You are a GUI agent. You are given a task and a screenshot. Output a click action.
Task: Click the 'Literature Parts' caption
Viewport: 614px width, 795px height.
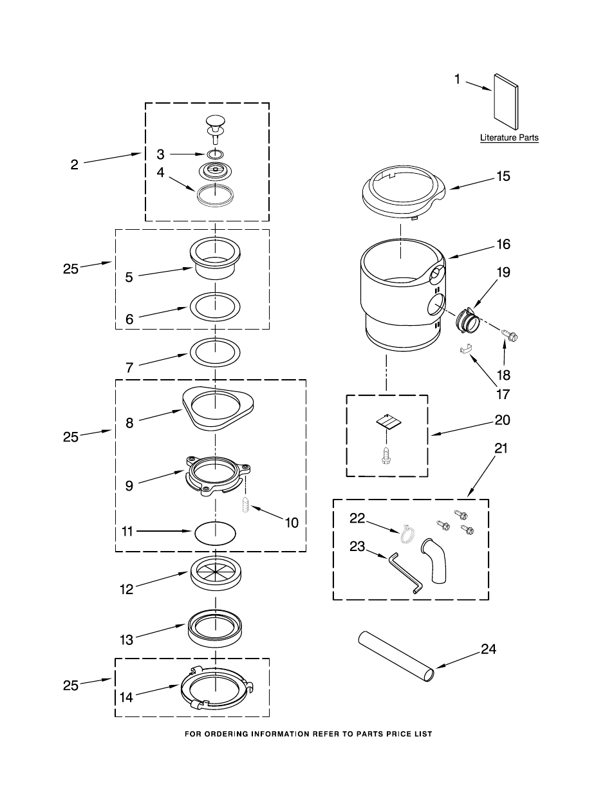pos(509,138)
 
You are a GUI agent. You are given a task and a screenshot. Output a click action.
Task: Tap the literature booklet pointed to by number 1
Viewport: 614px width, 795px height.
pos(506,102)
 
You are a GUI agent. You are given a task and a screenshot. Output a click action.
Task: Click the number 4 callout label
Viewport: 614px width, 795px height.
pos(160,172)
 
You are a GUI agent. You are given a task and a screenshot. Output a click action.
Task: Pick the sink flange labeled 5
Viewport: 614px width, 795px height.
pos(215,258)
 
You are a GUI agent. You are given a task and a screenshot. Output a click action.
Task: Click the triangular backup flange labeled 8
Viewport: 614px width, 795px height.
pos(218,408)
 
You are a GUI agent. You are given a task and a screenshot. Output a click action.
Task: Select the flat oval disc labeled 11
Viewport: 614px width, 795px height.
pos(216,534)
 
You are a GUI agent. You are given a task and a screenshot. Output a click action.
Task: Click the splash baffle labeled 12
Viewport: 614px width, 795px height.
pos(216,573)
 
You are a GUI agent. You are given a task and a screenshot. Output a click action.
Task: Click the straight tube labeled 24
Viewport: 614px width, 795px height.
pos(396,657)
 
